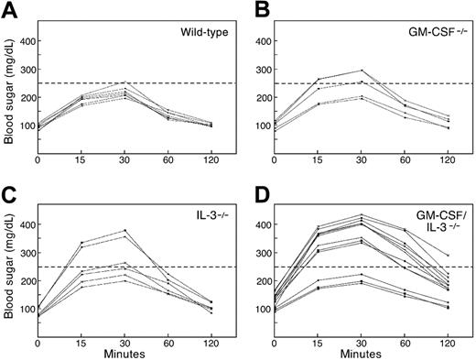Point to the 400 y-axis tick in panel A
(x=24, y=41)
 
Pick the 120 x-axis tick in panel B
(x=448, y=159)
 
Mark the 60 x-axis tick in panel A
(x=168, y=159)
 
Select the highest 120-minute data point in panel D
(x=448, y=255)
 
